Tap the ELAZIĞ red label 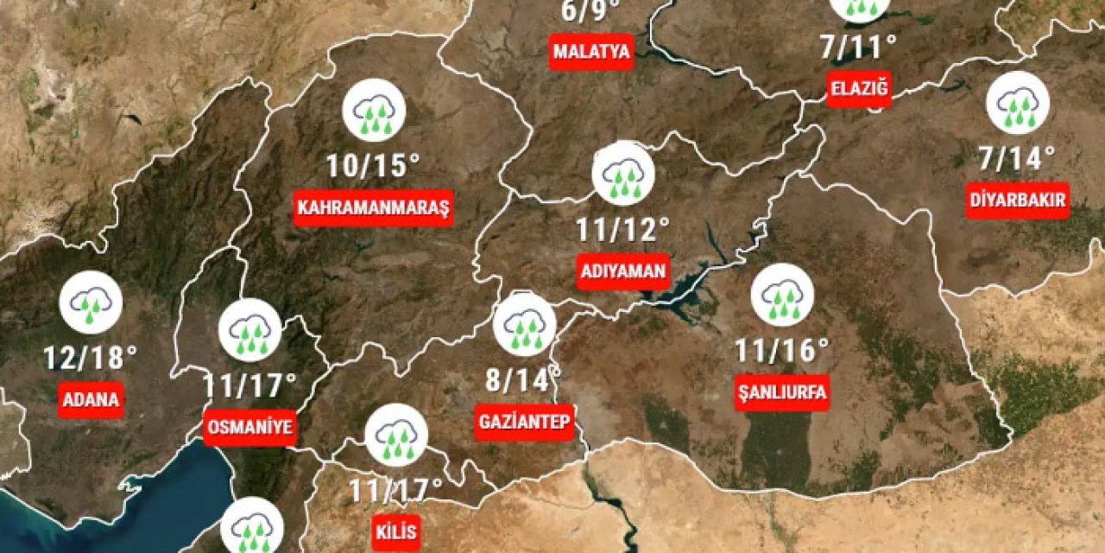(858, 88)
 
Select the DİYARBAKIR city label (1018, 201)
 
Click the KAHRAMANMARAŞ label (374, 208)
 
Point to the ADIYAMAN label (623, 271)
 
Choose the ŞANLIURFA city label (782, 392)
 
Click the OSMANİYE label (249, 426)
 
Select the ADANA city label (91, 400)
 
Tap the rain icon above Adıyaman (623, 174)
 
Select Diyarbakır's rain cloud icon (1018, 103)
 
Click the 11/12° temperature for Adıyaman (623, 229)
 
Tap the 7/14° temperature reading (1017, 158)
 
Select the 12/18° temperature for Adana (91, 356)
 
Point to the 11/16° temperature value (781, 350)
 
